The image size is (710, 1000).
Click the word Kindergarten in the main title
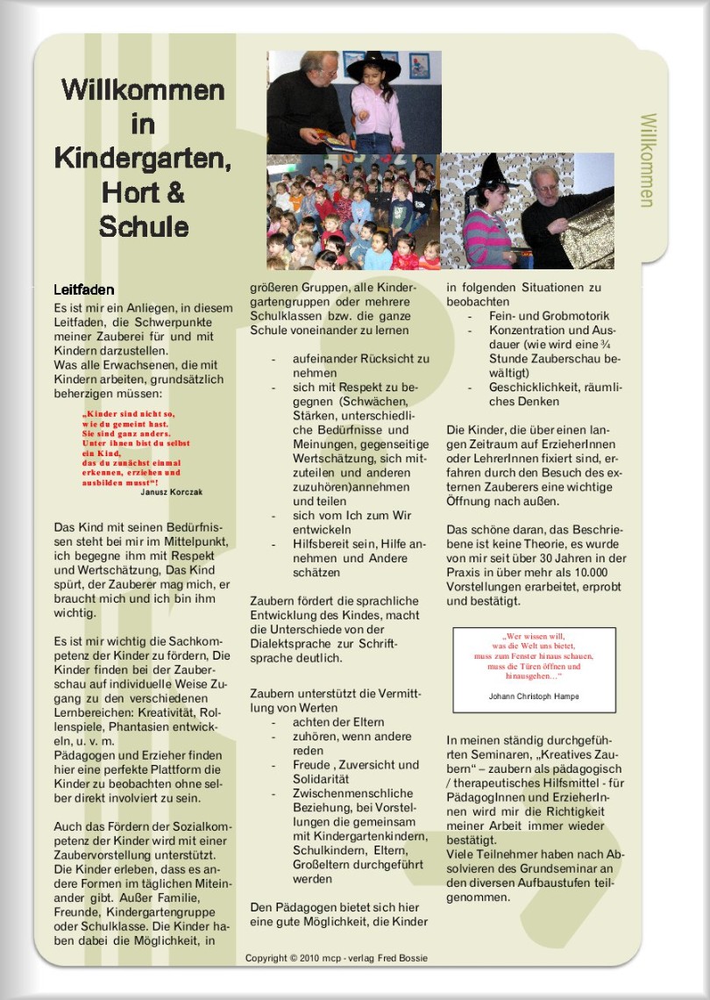(143, 158)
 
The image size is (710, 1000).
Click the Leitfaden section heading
(84, 289)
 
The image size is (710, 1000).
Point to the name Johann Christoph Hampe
(534, 696)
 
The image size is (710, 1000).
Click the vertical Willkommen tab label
(647, 160)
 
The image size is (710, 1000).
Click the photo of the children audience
(352, 212)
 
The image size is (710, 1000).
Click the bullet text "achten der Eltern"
(326, 722)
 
